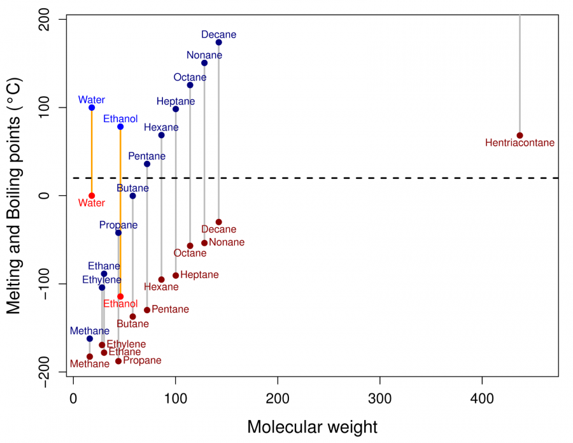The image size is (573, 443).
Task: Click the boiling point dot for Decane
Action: coord(218,43)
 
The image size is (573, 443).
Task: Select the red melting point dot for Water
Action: coord(92,195)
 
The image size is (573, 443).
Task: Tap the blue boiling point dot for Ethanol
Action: coord(120,127)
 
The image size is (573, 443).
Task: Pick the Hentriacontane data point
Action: coord(520,136)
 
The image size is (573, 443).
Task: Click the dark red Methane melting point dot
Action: coord(90,356)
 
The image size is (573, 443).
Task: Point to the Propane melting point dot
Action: coord(118,361)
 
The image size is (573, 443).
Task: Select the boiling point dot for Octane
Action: coord(190,85)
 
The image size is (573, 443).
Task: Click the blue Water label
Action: coord(92,100)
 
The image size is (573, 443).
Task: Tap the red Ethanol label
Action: coord(120,304)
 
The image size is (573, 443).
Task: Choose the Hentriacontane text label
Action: coord(520,143)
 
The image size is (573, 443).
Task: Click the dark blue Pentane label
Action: coord(147,156)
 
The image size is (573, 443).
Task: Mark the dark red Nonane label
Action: coord(227,243)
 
